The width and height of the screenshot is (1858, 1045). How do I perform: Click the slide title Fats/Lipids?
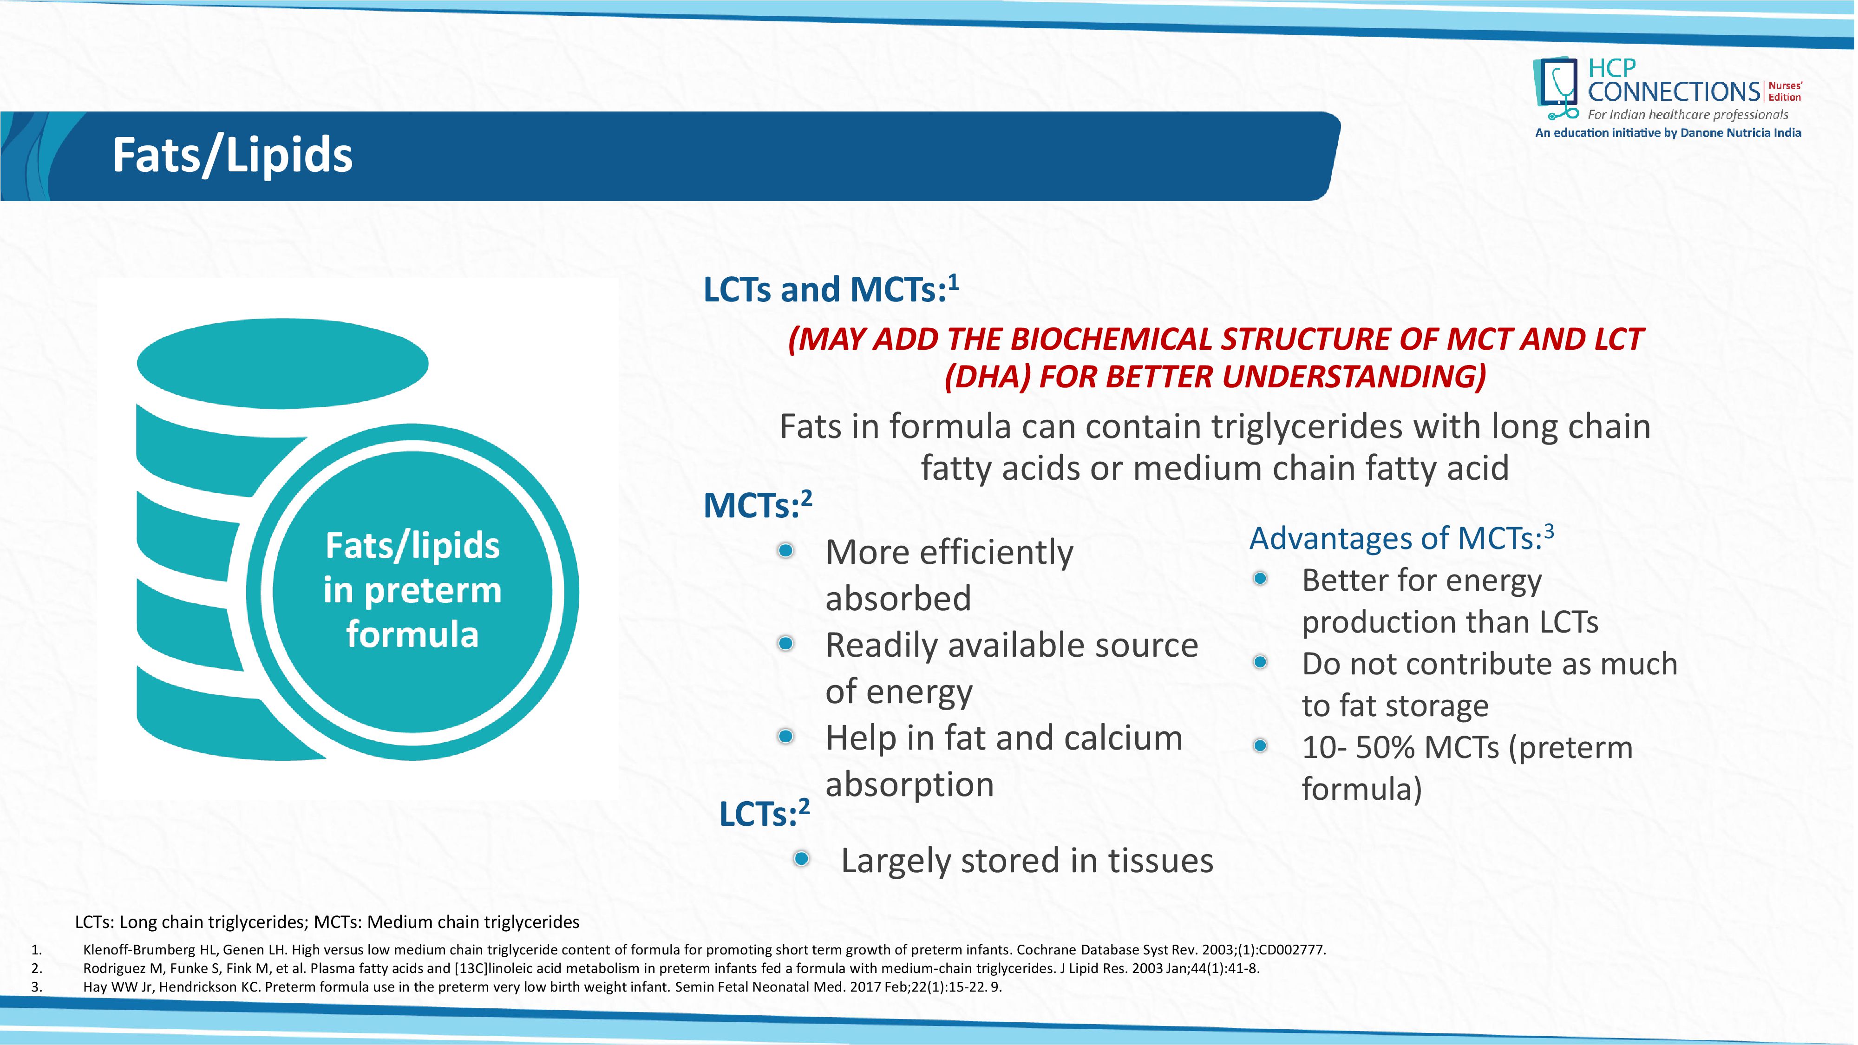click(x=232, y=155)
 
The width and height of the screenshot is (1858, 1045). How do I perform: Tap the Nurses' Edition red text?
click(x=1785, y=91)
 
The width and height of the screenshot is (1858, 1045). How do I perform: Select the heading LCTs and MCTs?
click(x=830, y=290)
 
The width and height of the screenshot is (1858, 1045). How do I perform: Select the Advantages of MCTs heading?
click(x=1401, y=538)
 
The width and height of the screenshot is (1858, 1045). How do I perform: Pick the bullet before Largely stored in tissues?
click(x=801, y=859)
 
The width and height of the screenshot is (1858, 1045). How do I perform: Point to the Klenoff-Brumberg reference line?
click(x=703, y=950)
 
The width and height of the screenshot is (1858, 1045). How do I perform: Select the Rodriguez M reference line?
click(x=671, y=968)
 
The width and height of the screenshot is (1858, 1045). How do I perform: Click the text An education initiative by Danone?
click(x=1668, y=133)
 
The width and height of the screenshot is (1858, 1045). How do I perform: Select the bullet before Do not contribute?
click(x=1260, y=662)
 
